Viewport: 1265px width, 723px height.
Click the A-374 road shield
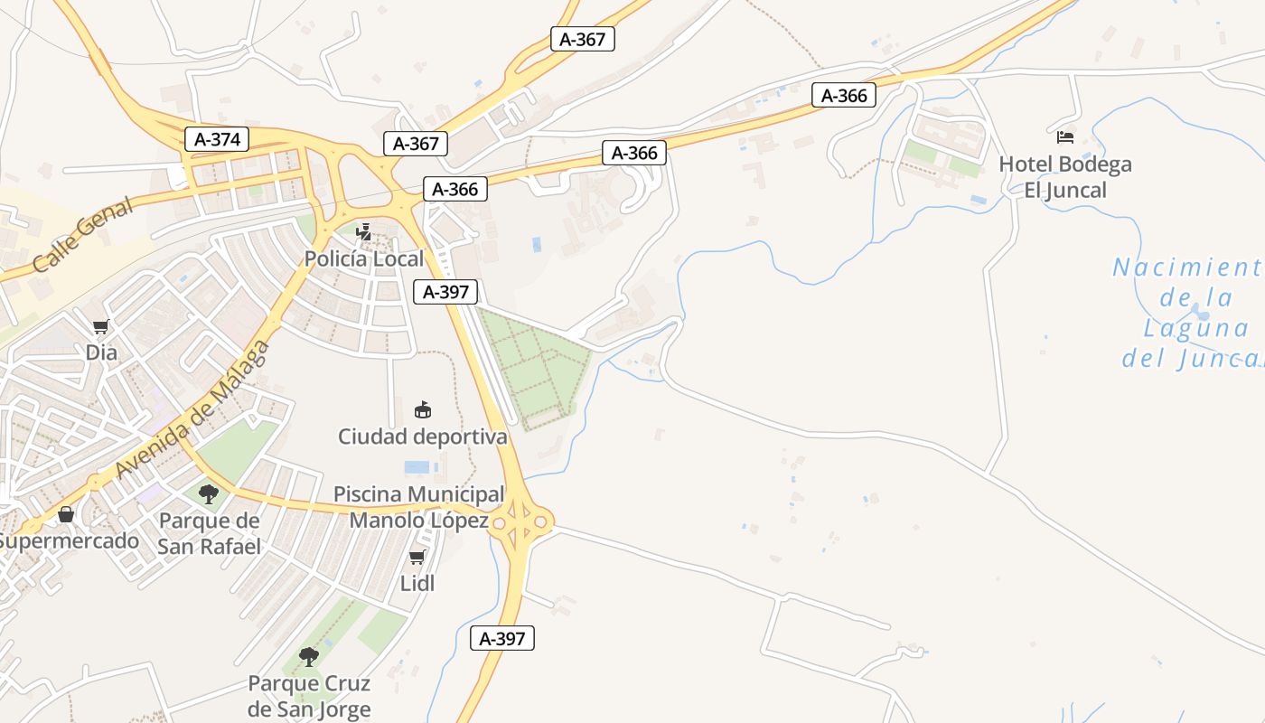click(x=217, y=139)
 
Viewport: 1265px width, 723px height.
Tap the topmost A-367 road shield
click(x=582, y=39)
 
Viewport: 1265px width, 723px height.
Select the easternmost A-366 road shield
click(x=844, y=95)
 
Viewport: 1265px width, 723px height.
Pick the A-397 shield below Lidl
click(x=502, y=638)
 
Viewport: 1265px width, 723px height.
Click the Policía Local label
click(x=363, y=258)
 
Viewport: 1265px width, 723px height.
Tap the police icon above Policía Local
click(x=364, y=233)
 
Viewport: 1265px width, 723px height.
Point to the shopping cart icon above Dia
click(x=100, y=327)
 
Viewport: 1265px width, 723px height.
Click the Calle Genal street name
click(x=82, y=234)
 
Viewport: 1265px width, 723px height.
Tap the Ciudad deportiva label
click(x=422, y=437)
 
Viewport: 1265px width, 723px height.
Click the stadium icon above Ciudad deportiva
click(x=422, y=410)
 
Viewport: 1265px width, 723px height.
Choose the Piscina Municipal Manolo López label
click(x=419, y=507)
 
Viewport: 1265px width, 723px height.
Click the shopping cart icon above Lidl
click(x=417, y=558)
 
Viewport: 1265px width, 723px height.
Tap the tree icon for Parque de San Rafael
click(x=209, y=493)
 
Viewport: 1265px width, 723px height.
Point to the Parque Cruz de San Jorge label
click(x=309, y=696)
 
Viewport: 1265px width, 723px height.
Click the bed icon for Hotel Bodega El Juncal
click(x=1065, y=137)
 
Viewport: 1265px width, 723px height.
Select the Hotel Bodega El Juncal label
click(x=1064, y=177)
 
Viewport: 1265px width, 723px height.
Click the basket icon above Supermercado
click(x=66, y=514)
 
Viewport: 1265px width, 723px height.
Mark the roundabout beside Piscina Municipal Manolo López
click(x=520, y=521)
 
